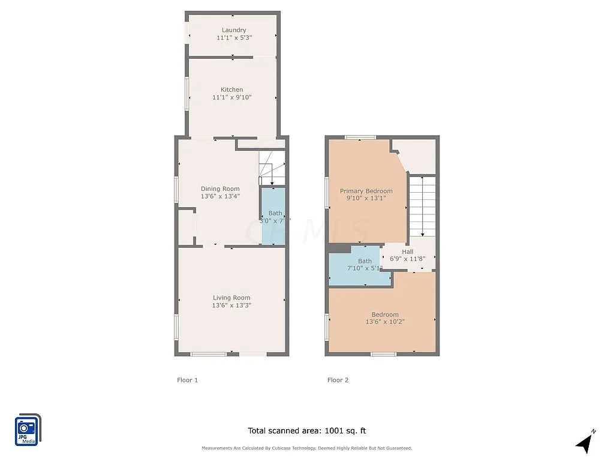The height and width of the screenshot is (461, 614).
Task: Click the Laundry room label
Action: point(234,30)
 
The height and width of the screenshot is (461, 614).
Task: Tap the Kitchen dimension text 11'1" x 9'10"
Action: point(231,97)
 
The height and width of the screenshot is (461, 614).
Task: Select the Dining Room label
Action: point(220,188)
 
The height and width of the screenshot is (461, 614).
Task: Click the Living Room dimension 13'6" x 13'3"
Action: point(231,305)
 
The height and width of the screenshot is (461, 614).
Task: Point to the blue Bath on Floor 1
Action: point(273,216)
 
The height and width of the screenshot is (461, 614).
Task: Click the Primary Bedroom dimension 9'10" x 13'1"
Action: point(366,198)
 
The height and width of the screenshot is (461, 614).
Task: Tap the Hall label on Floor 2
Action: point(408,252)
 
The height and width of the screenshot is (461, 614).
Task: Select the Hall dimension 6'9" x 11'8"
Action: point(407,259)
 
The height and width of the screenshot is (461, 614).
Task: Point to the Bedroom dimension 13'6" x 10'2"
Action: point(385,322)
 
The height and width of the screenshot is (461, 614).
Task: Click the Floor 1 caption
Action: point(187,380)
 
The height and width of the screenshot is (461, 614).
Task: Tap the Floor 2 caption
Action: point(338,380)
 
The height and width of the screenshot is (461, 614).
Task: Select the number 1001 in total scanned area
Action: point(334,430)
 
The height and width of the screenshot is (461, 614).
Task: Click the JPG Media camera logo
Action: point(27,429)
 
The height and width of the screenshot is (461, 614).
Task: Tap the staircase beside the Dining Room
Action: point(272,168)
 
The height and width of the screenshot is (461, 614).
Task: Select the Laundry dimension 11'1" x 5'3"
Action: point(234,37)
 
